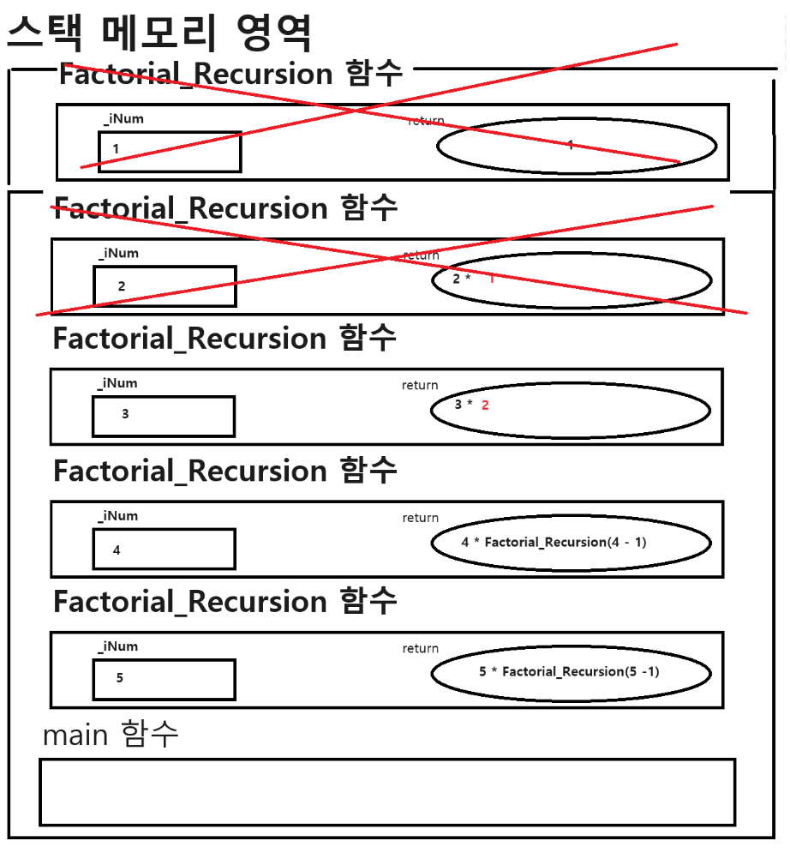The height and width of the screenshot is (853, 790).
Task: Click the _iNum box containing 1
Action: coord(170,152)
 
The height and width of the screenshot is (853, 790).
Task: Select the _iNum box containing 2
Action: coord(165,286)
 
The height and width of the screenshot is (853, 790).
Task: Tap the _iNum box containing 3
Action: coord(164,416)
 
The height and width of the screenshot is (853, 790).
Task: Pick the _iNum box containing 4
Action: coord(164,549)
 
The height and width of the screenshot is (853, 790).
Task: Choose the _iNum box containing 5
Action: coord(164,679)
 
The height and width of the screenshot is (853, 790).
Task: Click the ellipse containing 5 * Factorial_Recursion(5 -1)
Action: coord(571,674)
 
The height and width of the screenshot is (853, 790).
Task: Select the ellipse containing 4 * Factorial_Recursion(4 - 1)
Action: coord(571,543)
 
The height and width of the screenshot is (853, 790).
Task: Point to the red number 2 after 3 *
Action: coord(485,405)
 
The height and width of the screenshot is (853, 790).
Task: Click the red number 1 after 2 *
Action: coord(492,279)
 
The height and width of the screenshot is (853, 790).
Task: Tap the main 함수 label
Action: coord(111,735)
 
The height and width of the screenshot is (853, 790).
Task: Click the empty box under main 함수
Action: coord(387,791)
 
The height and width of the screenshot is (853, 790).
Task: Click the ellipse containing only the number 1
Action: coord(577,147)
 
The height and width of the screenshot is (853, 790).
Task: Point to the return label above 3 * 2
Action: coord(420,386)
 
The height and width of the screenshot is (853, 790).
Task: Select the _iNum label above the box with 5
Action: coord(117,646)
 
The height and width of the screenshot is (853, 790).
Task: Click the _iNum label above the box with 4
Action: coord(117,516)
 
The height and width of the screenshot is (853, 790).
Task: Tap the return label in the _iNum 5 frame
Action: coord(421,649)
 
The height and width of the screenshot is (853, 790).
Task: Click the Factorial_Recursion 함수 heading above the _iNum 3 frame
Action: coord(224,339)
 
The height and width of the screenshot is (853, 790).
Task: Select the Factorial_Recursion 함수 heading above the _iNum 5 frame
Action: coord(224,602)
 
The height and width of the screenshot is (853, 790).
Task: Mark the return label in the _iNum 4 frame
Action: coord(421,518)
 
